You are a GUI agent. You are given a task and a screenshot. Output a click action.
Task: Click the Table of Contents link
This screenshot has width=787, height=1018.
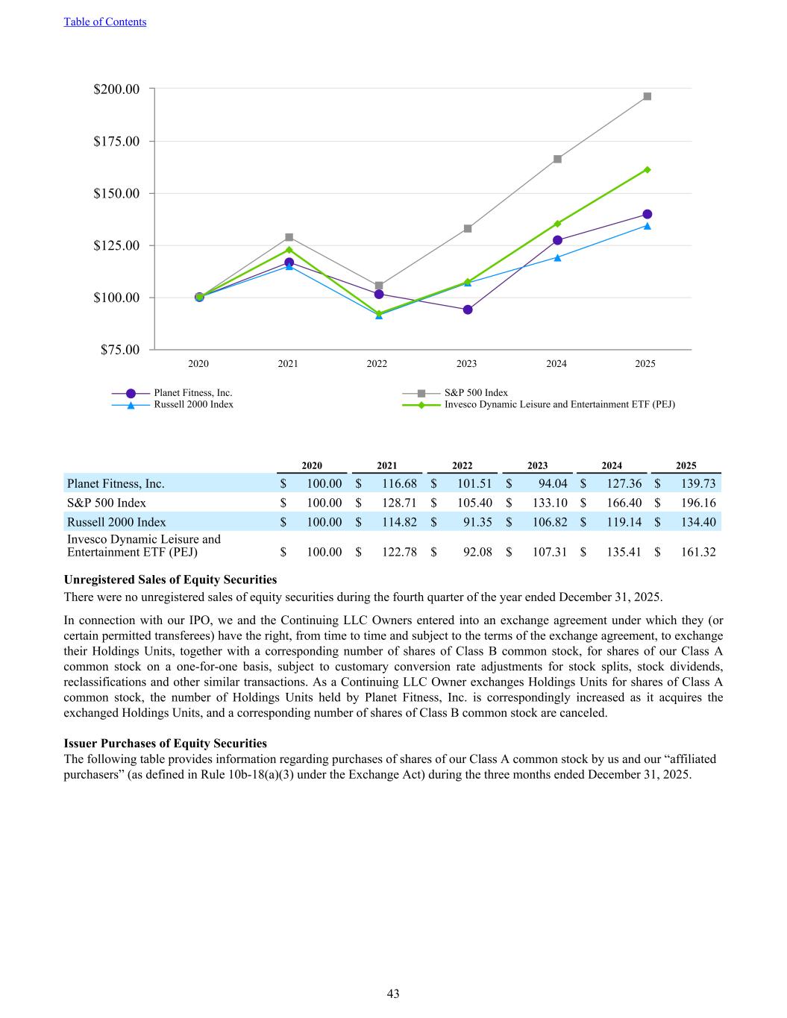105,22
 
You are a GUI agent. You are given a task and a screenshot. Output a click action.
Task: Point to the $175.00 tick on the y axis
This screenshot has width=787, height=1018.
116,141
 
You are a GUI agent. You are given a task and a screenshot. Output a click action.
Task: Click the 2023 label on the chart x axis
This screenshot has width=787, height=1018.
466,364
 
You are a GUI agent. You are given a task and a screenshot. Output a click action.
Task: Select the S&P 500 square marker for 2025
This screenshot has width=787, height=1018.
647,96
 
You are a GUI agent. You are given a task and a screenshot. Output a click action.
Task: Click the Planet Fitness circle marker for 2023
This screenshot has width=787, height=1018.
467,310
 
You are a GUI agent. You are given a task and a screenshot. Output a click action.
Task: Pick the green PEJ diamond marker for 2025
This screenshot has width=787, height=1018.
647,169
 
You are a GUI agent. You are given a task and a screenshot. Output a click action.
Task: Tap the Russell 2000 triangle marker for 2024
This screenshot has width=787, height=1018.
557,257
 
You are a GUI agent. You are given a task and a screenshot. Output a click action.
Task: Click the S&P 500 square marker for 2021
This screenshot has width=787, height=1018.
289,237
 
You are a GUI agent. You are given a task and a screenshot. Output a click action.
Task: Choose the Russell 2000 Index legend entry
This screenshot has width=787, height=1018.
193,404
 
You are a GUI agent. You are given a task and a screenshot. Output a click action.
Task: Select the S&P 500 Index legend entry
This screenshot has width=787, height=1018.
476,392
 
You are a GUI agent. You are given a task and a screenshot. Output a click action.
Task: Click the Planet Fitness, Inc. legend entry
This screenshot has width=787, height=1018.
192,392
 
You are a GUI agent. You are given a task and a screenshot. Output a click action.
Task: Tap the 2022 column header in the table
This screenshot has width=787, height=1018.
462,465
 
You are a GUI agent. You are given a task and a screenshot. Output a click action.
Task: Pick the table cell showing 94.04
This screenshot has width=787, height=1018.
553,483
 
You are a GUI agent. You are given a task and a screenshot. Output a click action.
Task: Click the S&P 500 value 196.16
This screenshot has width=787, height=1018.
698,503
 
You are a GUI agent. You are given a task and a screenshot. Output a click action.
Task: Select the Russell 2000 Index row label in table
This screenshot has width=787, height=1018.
116,522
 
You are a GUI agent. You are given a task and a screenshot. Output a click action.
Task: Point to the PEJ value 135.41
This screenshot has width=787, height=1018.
624,552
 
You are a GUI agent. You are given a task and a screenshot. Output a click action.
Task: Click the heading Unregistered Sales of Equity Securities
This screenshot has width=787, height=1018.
170,579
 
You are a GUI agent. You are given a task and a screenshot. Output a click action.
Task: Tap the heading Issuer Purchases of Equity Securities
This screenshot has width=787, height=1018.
165,743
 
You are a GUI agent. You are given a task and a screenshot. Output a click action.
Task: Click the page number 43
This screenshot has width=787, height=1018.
393,993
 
